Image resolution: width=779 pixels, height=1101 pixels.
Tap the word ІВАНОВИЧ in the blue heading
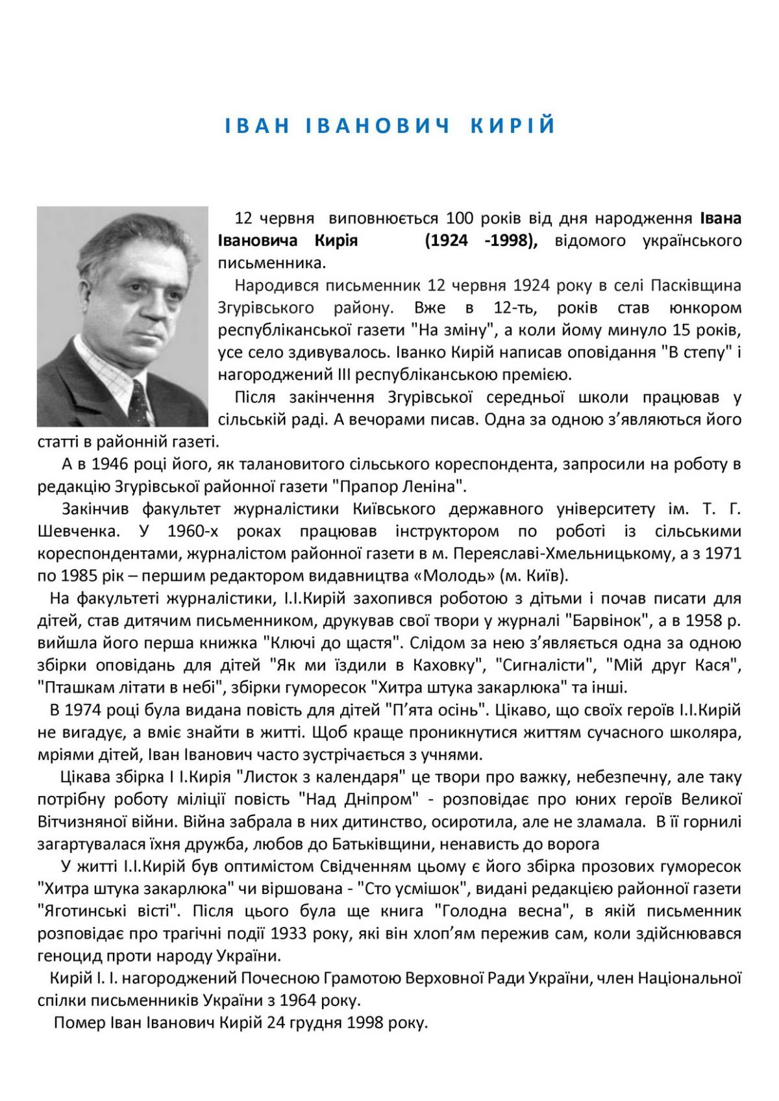tap(378, 125)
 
